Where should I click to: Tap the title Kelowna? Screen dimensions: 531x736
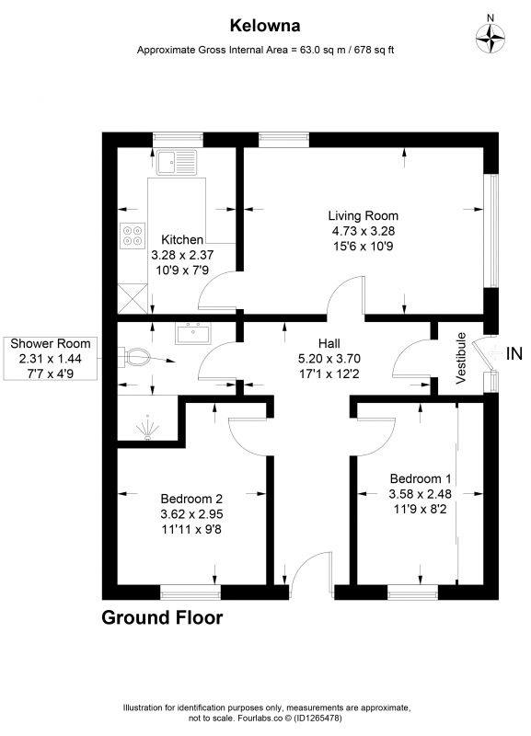[x=265, y=26]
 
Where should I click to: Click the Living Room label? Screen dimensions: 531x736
[x=363, y=216]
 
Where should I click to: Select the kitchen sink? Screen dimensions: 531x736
[x=177, y=163]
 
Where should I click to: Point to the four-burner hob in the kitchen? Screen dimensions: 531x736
[x=133, y=236]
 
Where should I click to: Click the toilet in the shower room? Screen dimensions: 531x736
[x=133, y=358]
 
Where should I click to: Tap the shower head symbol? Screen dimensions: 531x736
[x=148, y=428]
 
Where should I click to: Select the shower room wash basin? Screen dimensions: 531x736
[x=193, y=333]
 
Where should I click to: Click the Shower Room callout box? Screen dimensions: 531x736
[x=51, y=358]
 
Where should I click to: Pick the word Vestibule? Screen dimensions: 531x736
[x=461, y=358]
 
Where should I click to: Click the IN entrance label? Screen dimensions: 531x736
[x=514, y=353]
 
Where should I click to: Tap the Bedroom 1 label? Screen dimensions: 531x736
[x=421, y=478]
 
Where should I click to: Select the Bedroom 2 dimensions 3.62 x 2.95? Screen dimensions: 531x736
[x=191, y=514]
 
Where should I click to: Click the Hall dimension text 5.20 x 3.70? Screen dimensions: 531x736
[x=329, y=359]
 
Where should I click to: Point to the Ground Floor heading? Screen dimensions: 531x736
[x=162, y=617]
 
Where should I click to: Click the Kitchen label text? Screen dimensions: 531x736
[x=182, y=240]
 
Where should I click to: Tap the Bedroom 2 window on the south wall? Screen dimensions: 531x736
[x=190, y=592]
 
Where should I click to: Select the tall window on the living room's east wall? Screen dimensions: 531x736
[x=492, y=231]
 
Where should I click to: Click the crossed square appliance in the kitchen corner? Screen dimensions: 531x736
[x=133, y=298]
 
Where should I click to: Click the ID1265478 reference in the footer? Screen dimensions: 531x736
[x=320, y=719]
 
